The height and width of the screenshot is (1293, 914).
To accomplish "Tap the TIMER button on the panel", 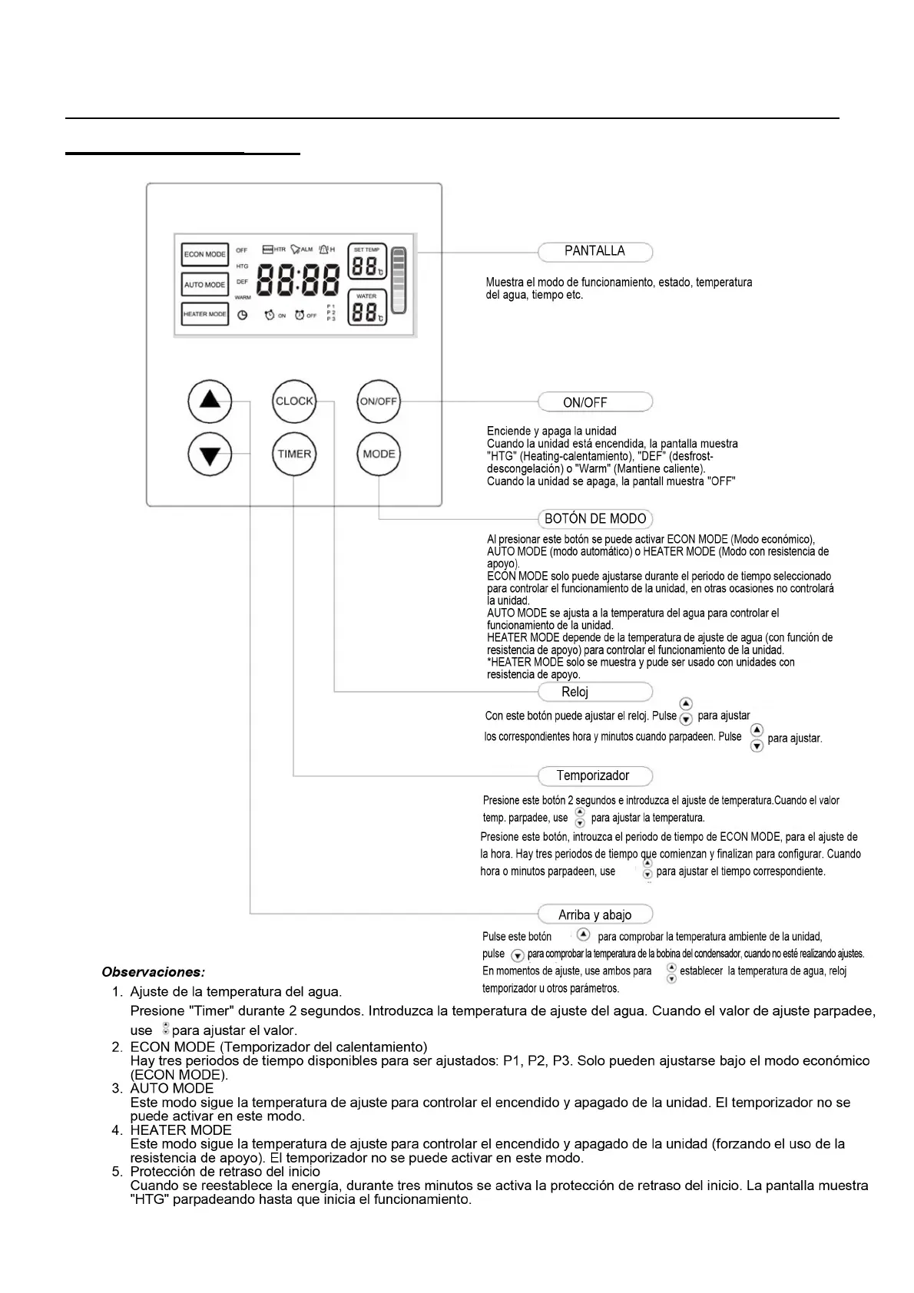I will click(294, 454).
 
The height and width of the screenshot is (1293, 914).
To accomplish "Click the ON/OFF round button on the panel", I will click(379, 401).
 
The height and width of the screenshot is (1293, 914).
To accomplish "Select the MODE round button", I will click(379, 454).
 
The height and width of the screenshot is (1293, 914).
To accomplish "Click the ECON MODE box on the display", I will click(205, 254).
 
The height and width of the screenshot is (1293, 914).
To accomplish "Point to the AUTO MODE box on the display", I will click(205, 285).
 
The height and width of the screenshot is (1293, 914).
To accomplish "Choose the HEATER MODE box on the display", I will click(205, 314).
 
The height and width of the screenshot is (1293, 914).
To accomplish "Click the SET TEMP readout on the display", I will click(366, 262).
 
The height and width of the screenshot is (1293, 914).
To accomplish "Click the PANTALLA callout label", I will click(595, 251).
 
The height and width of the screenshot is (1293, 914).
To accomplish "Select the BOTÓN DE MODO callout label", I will click(595, 519).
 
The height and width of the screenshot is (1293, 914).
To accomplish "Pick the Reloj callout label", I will click(575, 692).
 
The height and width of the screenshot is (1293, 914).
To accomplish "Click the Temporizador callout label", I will click(593, 775).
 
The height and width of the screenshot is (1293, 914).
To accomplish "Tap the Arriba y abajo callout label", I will click(595, 914).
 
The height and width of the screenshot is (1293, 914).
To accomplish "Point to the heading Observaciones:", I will click(154, 972).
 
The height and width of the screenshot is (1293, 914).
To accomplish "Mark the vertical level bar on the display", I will click(398, 280).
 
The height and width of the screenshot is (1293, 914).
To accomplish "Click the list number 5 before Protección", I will click(118, 1172).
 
